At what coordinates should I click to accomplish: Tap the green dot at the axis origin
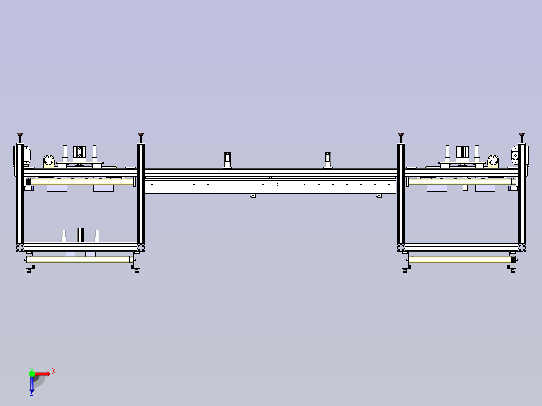[32, 374]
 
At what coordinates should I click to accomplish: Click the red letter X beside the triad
[54, 372]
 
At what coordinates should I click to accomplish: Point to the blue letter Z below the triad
[32, 394]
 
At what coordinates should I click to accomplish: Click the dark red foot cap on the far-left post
[20, 134]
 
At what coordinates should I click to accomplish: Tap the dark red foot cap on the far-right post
[521, 134]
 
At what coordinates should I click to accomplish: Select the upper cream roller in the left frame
[81, 182]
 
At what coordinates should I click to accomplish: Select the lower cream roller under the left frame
[79, 259]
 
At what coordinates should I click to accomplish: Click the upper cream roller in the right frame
[460, 182]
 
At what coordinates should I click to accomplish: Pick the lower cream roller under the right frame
[460, 259]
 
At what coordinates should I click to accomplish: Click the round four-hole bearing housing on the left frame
[49, 161]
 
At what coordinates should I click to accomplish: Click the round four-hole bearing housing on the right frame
[493, 161]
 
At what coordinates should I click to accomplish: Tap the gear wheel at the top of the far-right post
[515, 155]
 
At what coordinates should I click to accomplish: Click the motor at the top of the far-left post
[27, 155]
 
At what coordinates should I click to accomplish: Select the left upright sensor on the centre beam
[227, 160]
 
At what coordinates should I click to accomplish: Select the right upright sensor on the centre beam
[328, 160]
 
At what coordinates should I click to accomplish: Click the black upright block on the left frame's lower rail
[81, 235]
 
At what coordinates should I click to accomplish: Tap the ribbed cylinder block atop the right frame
[462, 153]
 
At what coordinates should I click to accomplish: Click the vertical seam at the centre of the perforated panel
[270, 185]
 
